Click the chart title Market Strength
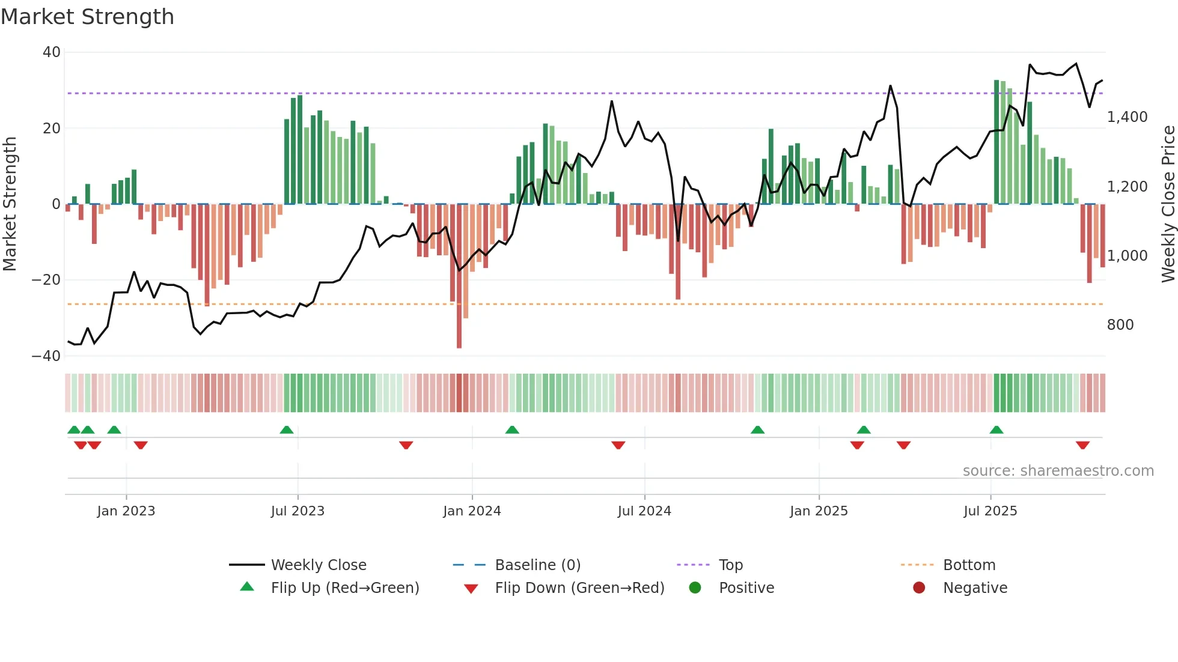(x=87, y=17)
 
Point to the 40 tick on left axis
(x=52, y=52)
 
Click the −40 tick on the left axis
(x=47, y=356)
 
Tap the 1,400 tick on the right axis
(x=1127, y=117)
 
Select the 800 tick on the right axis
(x=1120, y=325)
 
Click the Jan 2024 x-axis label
(x=472, y=511)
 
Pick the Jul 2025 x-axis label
(x=990, y=511)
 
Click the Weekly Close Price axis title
(x=1168, y=204)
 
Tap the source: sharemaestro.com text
(x=1058, y=471)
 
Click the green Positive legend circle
(x=695, y=588)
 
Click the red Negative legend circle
(x=919, y=588)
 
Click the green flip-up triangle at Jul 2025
(x=996, y=430)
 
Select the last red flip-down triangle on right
(x=1082, y=445)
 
